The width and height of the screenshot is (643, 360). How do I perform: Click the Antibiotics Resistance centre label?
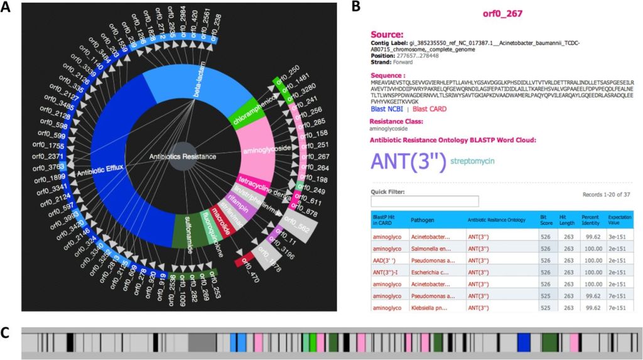(x=183, y=156)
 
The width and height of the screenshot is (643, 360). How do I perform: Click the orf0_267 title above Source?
(x=502, y=13)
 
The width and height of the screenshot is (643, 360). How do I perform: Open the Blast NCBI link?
(x=387, y=109)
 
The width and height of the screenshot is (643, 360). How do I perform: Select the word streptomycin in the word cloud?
(x=472, y=161)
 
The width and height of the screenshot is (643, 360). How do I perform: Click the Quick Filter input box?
(x=424, y=201)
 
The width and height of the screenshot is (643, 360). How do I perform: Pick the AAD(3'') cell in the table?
(x=386, y=260)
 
